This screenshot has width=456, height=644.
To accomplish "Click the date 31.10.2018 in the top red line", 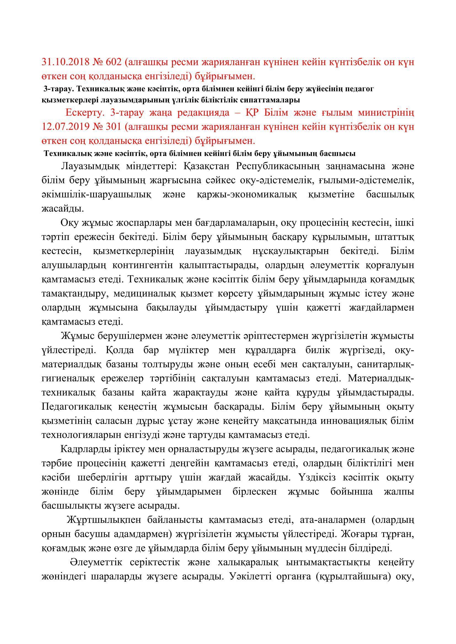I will coord(64,62).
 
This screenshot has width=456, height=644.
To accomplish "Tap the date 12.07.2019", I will coord(64,127).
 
